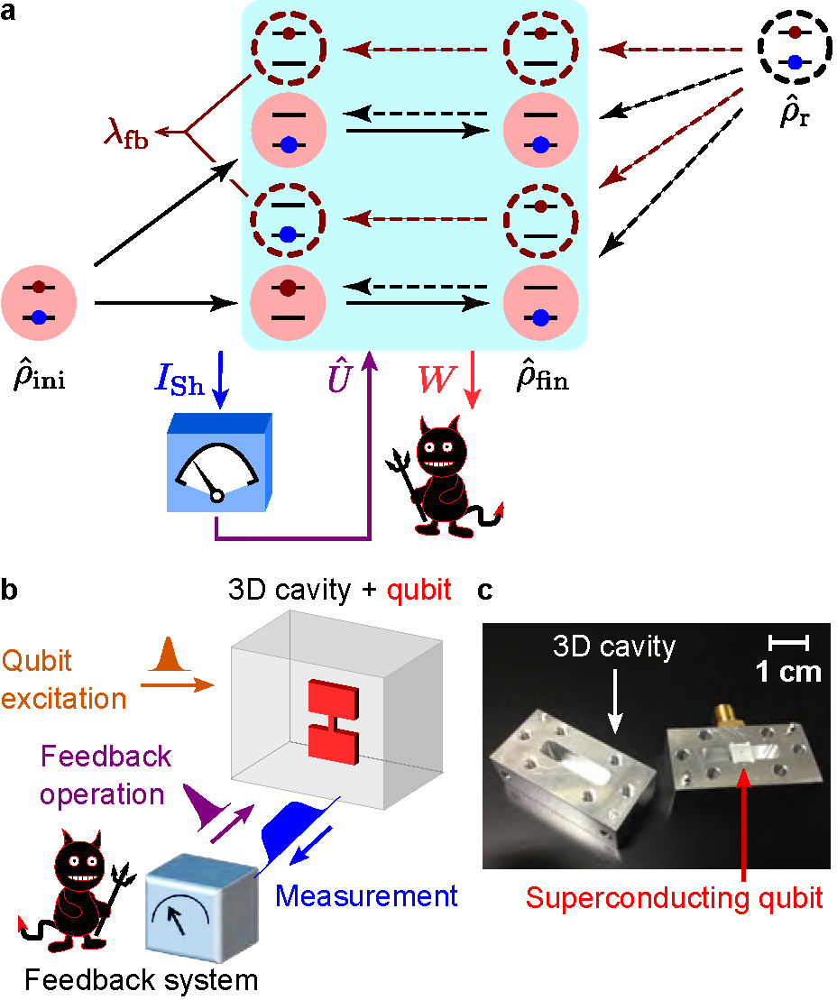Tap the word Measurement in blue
coord(366,895)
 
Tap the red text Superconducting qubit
coord(675,897)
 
